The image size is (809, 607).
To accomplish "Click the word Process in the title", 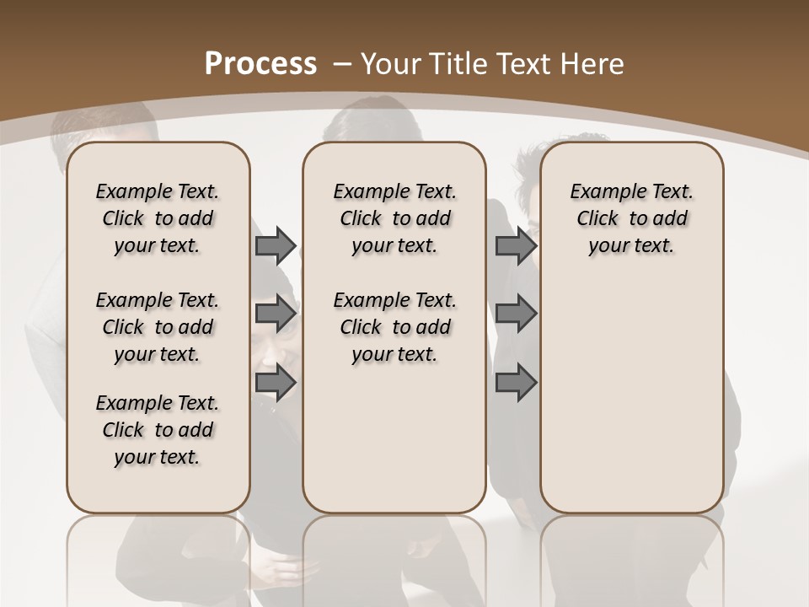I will click(x=260, y=63).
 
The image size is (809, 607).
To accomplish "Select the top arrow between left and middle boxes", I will click(x=275, y=245).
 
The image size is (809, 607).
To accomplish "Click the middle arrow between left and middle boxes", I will click(x=275, y=314).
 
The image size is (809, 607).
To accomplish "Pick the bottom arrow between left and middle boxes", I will click(x=275, y=382).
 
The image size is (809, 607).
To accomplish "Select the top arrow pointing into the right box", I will click(x=516, y=245).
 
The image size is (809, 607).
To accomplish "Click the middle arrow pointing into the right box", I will click(x=516, y=314).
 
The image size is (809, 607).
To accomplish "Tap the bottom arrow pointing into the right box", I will click(x=516, y=382).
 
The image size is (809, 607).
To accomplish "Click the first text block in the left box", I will click(x=158, y=218).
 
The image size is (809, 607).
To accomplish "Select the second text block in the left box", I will click(x=158, y=327).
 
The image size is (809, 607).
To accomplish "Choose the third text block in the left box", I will click(x=158, y=430).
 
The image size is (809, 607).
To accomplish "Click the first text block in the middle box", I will click(x=395, y=218).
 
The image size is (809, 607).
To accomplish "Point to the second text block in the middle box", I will click(x=395, y=327).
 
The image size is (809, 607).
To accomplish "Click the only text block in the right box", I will click(x=632, y=218).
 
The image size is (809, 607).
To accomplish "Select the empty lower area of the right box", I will click(x=632, y=405).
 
